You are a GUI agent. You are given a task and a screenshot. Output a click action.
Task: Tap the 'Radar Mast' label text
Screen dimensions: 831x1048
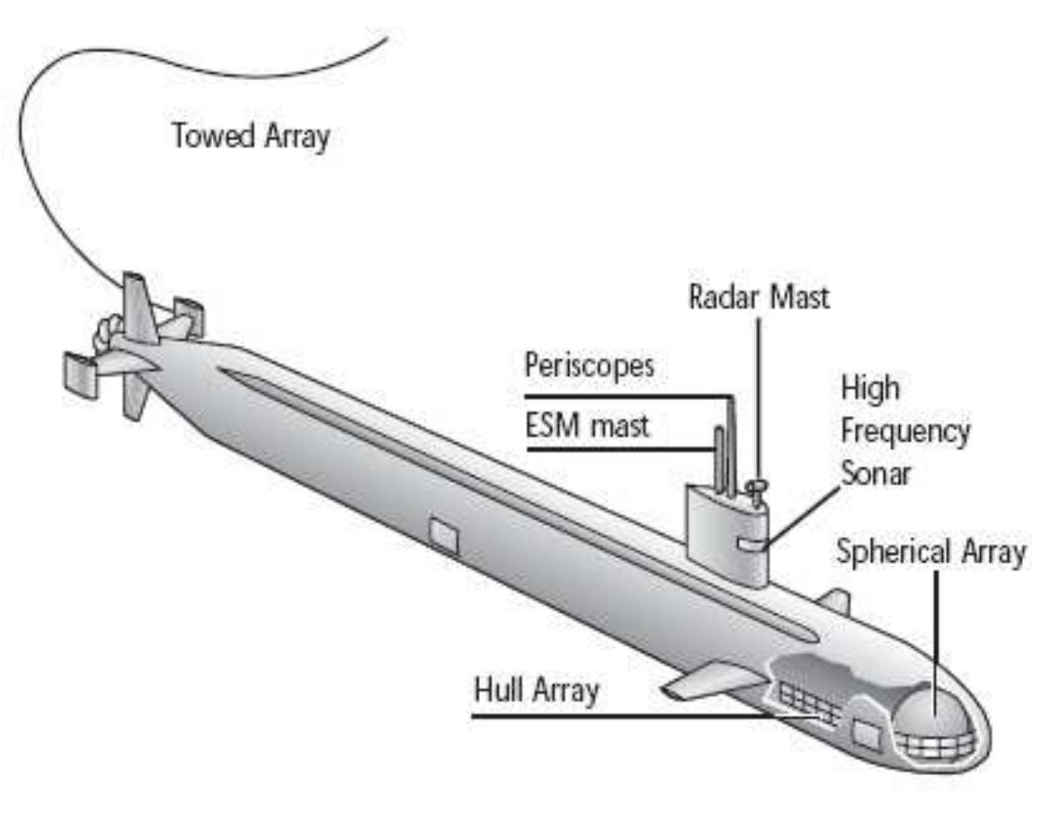(759, 299)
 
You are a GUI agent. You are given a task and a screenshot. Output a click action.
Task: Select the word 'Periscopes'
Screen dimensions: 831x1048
(590, 364)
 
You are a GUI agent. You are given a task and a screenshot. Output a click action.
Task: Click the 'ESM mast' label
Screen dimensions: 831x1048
(587, 427)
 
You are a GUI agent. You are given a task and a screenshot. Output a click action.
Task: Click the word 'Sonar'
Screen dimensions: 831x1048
(876, 472)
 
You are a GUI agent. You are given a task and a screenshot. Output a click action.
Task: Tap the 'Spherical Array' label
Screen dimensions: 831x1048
(930, 551)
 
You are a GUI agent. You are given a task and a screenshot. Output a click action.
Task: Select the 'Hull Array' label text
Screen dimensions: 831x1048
(537, 691)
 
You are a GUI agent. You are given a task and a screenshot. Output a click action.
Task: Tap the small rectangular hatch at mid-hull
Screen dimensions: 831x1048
(444, 537)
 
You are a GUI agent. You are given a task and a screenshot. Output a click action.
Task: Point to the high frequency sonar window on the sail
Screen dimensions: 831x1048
(750, 543)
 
